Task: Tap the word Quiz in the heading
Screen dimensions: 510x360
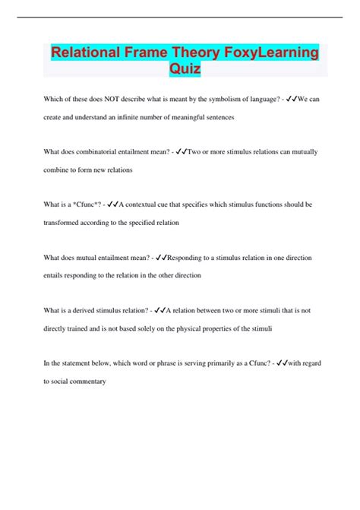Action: [185, 70]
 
